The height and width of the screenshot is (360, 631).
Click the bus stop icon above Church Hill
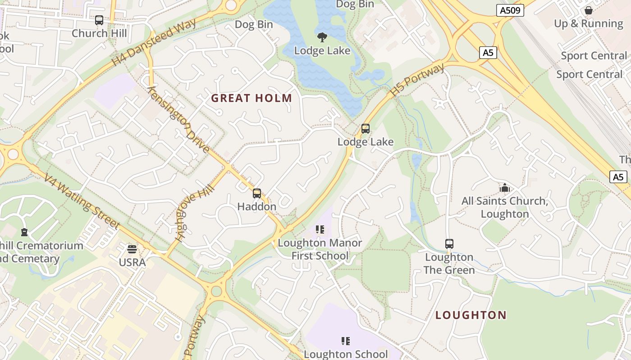[x=99, y=20]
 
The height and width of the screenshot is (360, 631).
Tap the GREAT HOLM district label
[x=251, y=98]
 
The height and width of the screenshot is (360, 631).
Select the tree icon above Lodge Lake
[x=322, y=37]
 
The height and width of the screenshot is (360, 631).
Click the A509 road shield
[x=510, y=10]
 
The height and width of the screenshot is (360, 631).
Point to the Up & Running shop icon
[x=588, y=10]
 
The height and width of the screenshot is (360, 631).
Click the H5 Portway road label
[x=417, y=80]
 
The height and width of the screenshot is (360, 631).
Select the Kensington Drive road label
[x=178, y=119]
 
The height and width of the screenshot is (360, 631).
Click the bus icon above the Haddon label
[x=257, y=193]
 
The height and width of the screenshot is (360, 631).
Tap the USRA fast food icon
[x=132, y=249]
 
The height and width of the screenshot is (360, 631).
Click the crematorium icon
[x=24, y=232]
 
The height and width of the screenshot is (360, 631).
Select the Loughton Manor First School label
[x=320, y=249]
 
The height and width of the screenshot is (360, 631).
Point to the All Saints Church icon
[x=504, y=188]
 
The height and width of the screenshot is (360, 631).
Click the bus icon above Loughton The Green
[x=449, y=244]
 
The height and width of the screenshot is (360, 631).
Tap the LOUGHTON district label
[x=471, y=315]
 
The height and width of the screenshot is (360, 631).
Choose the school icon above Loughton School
[x=346, y=341]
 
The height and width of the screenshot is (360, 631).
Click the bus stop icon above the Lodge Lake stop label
[x=366, y=129]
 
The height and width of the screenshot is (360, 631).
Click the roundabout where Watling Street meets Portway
[x=217, y=291]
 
